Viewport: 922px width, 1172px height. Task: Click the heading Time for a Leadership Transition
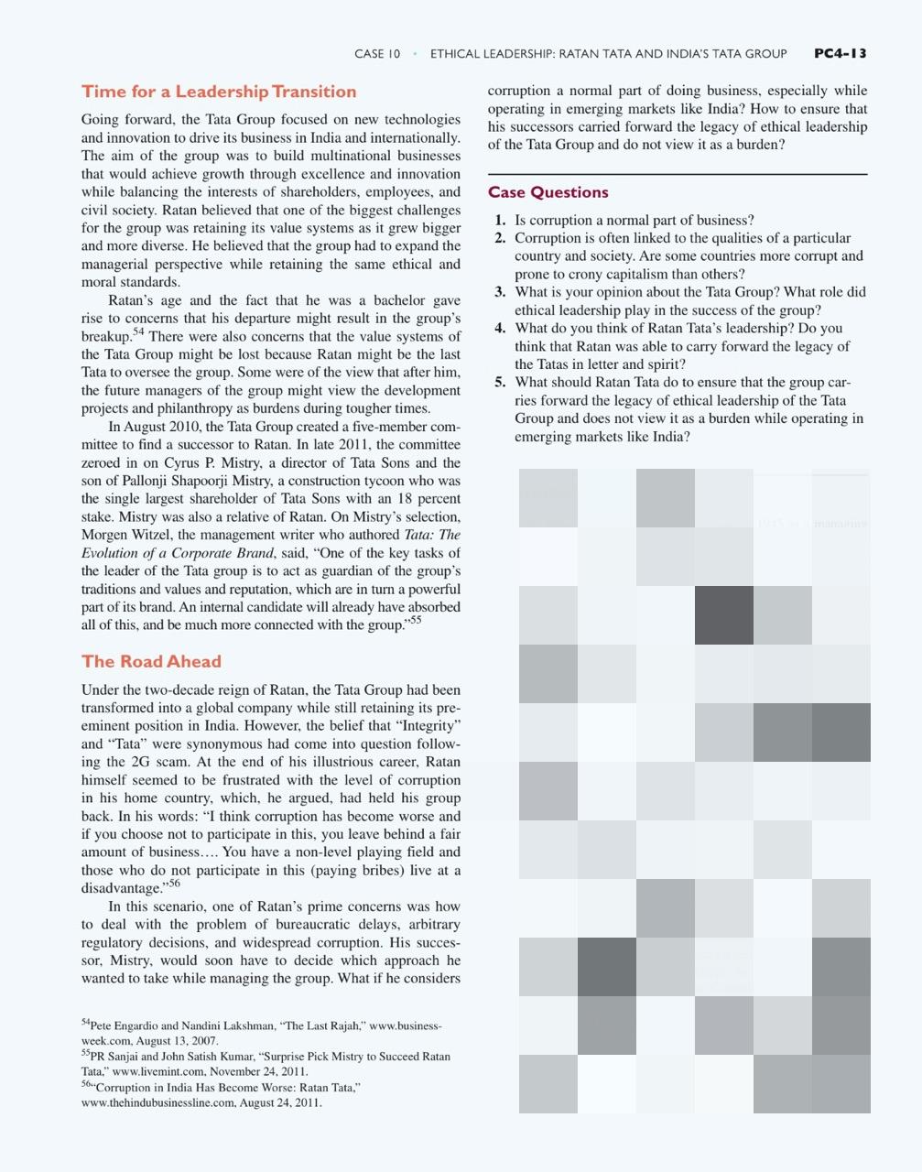point(219,92)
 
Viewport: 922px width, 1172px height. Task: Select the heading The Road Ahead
point(151,661)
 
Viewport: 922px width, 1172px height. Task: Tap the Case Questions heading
point(548,192)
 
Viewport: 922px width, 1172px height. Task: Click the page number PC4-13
point(840,53)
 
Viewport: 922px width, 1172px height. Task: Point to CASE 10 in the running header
point(377,54)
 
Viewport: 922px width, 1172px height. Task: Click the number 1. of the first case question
point(500,221)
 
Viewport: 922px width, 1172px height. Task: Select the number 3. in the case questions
point(500,292)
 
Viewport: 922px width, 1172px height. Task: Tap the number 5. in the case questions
point(500,383)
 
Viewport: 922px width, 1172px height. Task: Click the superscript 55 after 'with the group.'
point(416,621)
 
